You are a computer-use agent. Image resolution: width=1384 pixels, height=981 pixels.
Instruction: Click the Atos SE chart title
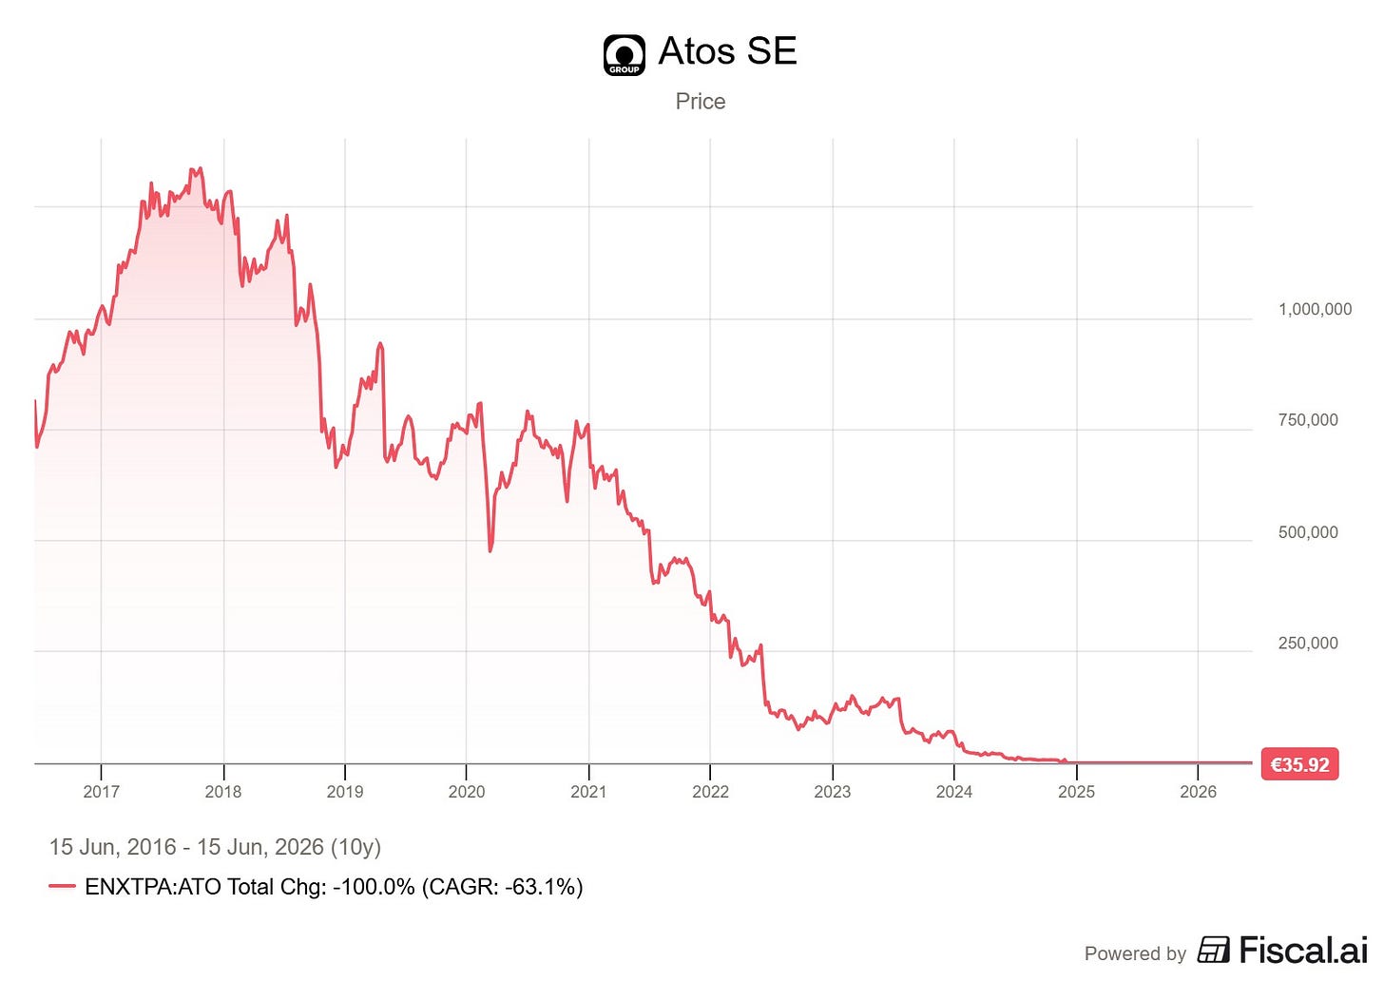727,50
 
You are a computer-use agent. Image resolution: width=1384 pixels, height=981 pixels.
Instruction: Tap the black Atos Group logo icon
624,55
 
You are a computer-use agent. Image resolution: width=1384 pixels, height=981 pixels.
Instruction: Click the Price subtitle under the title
700,102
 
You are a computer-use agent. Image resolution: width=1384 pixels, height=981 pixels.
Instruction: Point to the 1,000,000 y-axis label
1315,309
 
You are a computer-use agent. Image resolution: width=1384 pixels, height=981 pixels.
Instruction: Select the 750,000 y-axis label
1308,420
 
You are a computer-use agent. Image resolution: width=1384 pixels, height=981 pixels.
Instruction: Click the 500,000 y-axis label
1308,532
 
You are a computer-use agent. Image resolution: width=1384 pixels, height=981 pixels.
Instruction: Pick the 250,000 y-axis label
1308,644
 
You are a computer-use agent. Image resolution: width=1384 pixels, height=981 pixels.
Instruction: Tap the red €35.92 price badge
1300,765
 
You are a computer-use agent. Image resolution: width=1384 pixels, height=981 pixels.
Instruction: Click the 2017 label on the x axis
102,792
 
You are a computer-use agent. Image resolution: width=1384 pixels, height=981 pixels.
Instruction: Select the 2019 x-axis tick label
345,792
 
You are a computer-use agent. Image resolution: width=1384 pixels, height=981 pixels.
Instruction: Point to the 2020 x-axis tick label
467,792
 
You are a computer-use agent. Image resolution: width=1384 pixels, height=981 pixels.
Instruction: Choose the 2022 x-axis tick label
711,792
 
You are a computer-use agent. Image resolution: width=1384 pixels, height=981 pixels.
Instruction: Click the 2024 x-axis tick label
954,792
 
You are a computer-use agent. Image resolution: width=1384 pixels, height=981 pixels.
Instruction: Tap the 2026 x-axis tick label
1198,792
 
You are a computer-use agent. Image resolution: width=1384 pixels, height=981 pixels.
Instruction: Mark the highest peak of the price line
201,168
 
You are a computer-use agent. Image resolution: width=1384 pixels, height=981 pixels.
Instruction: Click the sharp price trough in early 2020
490,550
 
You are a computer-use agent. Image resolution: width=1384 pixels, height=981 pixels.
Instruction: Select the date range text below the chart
215,847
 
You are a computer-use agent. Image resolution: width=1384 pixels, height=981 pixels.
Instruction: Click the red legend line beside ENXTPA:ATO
63,886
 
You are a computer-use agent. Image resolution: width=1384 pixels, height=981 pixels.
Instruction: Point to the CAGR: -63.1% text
502,887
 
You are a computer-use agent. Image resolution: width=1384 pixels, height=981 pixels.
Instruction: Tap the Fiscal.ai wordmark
1303,951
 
